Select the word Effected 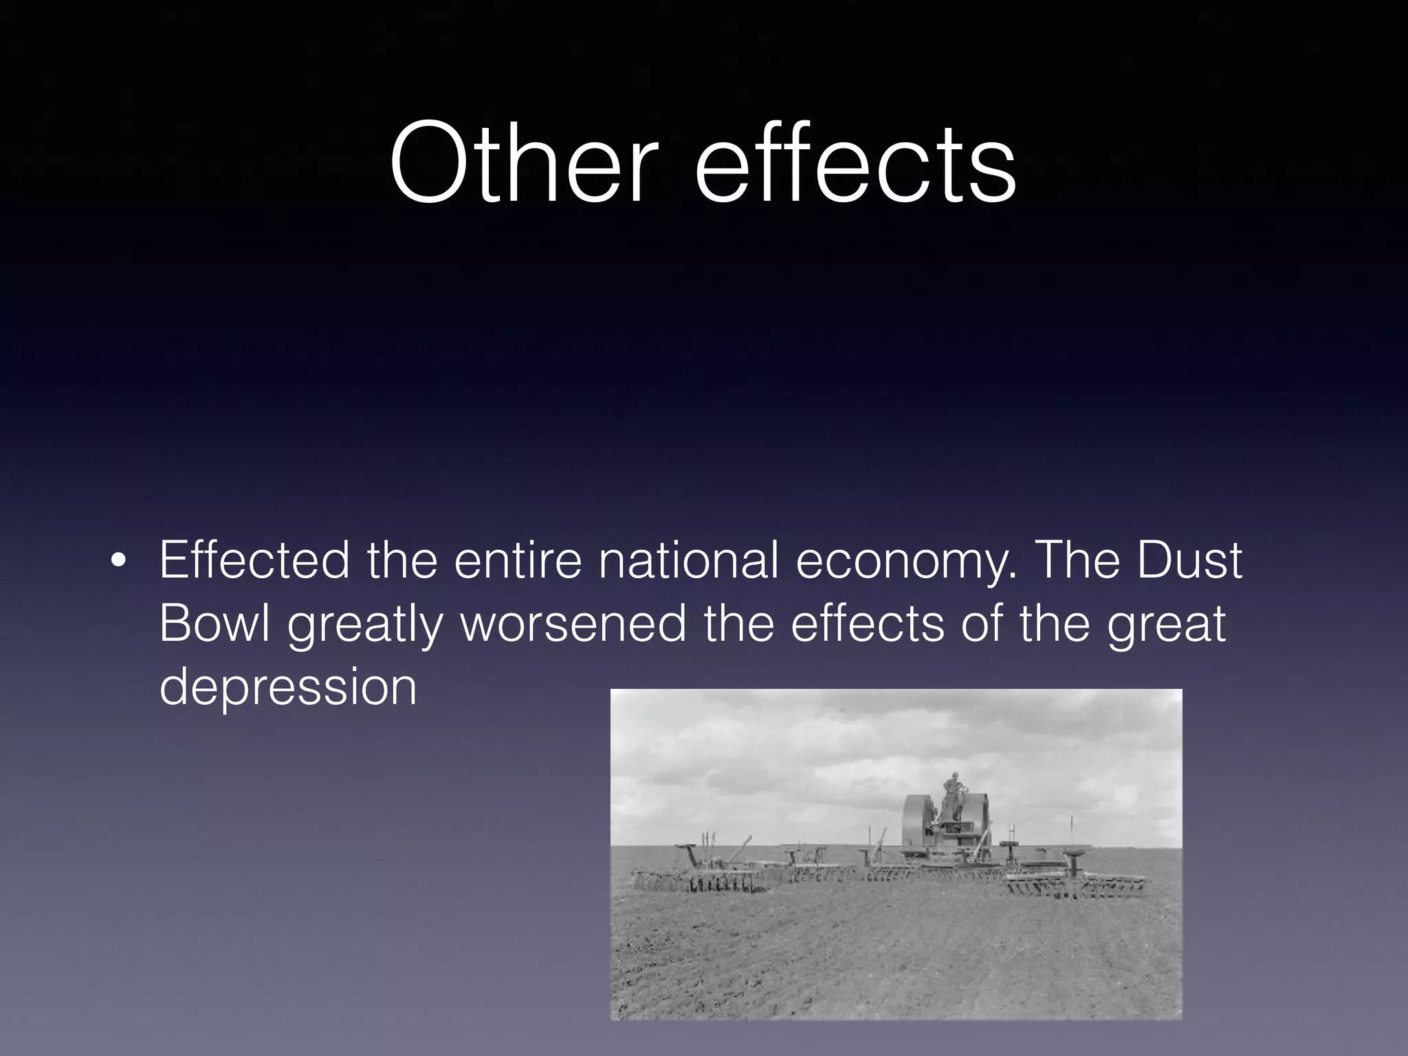pos(254,560)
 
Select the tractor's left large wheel pos(919,822)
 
